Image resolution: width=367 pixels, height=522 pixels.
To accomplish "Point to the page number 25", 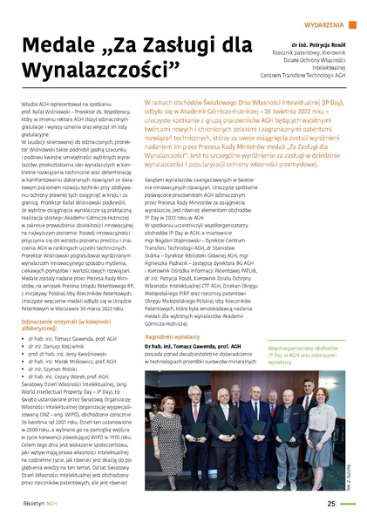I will [x=331, y=502].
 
